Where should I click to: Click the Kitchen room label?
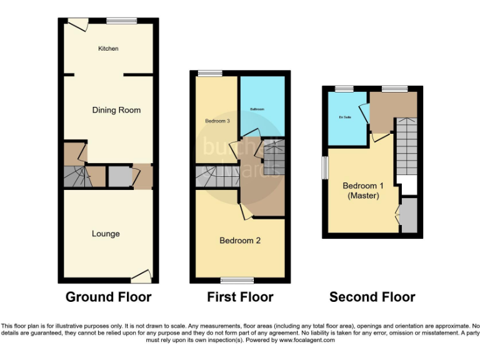pyautogui.click(x=108, y=49)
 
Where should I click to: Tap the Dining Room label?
pyautogui.click(x=116, y=110)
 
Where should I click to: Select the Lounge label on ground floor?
pyautogui.click(x=106, y=234)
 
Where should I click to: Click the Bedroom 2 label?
pyautogui.click(x=240, y=241)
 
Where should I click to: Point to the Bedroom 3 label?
pyautogui.click(x=216, y=121)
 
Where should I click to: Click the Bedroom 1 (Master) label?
pyautogui.click(x=363, y=191)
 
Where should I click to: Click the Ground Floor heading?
pyautogui.click(x=108, y=297)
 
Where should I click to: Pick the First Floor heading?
pyautogui.click(x=240, y=297)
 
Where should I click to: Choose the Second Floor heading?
pyautogui.click(x=372, y=297)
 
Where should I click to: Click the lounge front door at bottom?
pyautogui.click(x=141, y=276)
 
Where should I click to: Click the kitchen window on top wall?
pyautogui.click(x=121, y=21)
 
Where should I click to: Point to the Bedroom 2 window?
pyautogui.click(x=237, y=280)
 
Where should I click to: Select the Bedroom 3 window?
pyautogui.click(x=210, y=74)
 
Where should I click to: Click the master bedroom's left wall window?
pyautogui.click(x=324, y=167)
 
